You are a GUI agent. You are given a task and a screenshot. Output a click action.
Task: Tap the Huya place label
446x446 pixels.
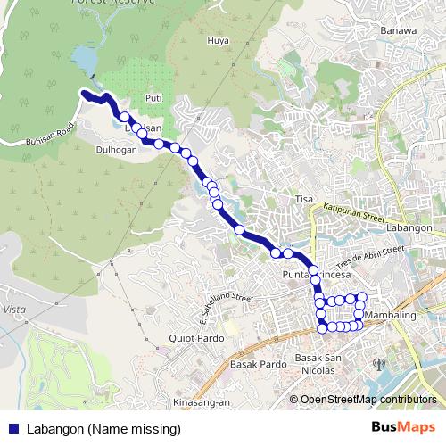pos(219,39)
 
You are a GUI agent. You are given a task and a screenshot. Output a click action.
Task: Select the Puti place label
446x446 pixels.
pos(153,99)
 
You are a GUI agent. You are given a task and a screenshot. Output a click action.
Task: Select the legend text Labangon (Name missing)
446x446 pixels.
pos(103,429)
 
